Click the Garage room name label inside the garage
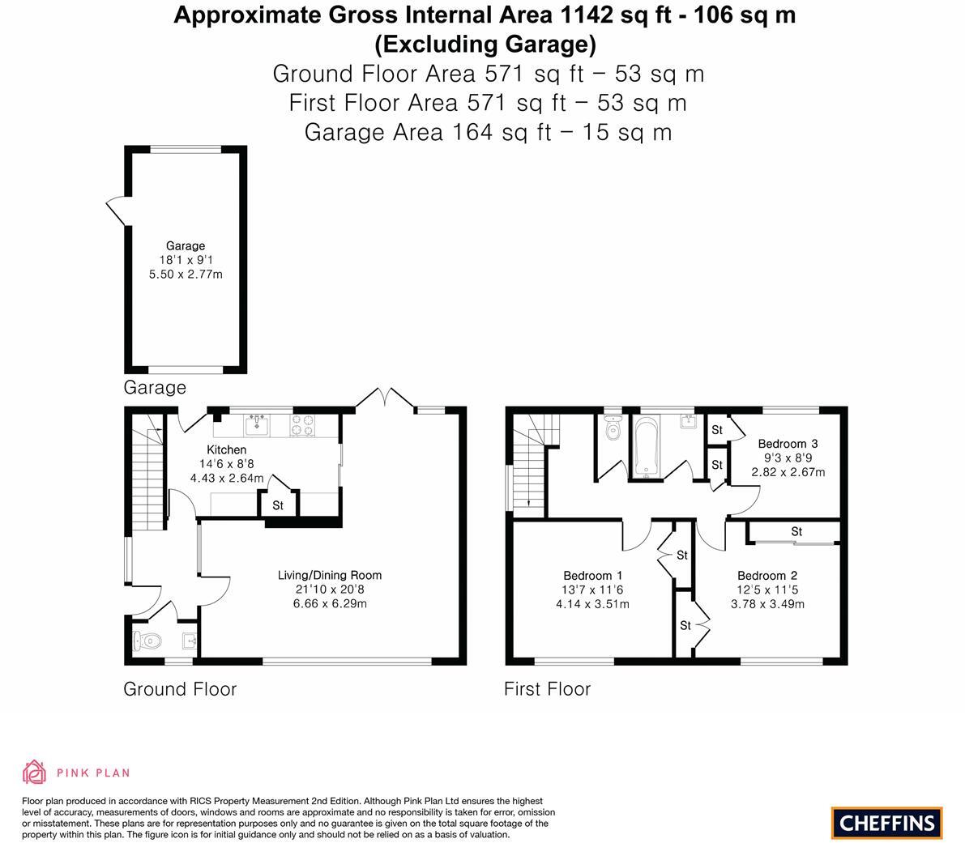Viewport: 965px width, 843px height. click(x=186, y=245)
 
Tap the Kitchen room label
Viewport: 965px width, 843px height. click(x=226, y=449)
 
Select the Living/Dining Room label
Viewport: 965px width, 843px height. click(x=329, y=575)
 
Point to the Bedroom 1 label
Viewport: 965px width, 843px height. click(x=593, y=576)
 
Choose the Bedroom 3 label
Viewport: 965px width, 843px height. click(x=788, y=443)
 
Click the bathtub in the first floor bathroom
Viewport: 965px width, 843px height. click(x=646, y=445)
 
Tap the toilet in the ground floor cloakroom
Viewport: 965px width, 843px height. click(x=146, y=641)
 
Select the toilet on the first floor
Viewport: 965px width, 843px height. click(x=613, y=428)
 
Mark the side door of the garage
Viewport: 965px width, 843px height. click(x=115, y=211)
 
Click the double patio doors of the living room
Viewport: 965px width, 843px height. click(x=386, y=398)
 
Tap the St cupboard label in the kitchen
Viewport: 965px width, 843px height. click(x=278, y=505)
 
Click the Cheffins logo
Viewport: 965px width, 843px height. click(x=886, y=823)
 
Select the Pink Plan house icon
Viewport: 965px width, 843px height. click(x=34, y=773)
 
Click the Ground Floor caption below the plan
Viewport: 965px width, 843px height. click(x=180, y=689)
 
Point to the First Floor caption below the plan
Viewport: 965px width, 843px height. click(x=547, y=689)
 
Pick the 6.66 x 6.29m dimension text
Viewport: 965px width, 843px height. click(x=329, y=604)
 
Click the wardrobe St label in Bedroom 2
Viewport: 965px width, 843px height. click(x=796, y=531)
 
